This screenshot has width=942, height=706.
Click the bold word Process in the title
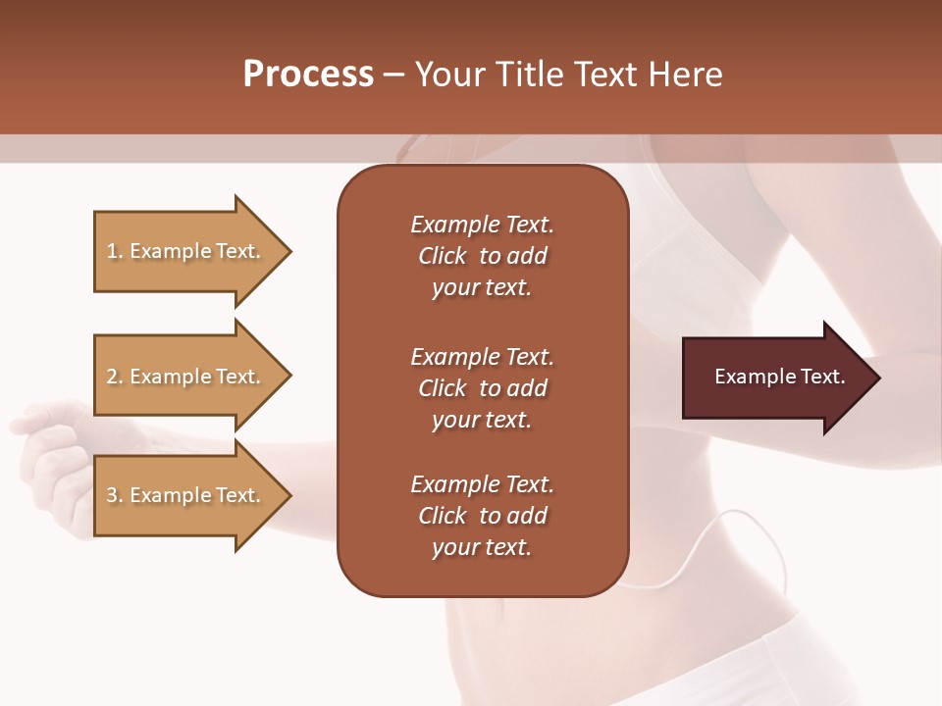(x=308, y=75)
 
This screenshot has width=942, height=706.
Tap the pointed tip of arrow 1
(x=288, y=251)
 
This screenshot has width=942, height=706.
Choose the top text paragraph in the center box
(x=482, y=256)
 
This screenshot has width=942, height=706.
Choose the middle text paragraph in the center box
(x=482, y=388)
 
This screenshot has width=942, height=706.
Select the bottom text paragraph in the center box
(x=482, y=516)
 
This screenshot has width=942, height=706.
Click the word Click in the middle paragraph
(x=443, y=388)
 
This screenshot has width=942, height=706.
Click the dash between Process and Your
(x=393, y=75)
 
